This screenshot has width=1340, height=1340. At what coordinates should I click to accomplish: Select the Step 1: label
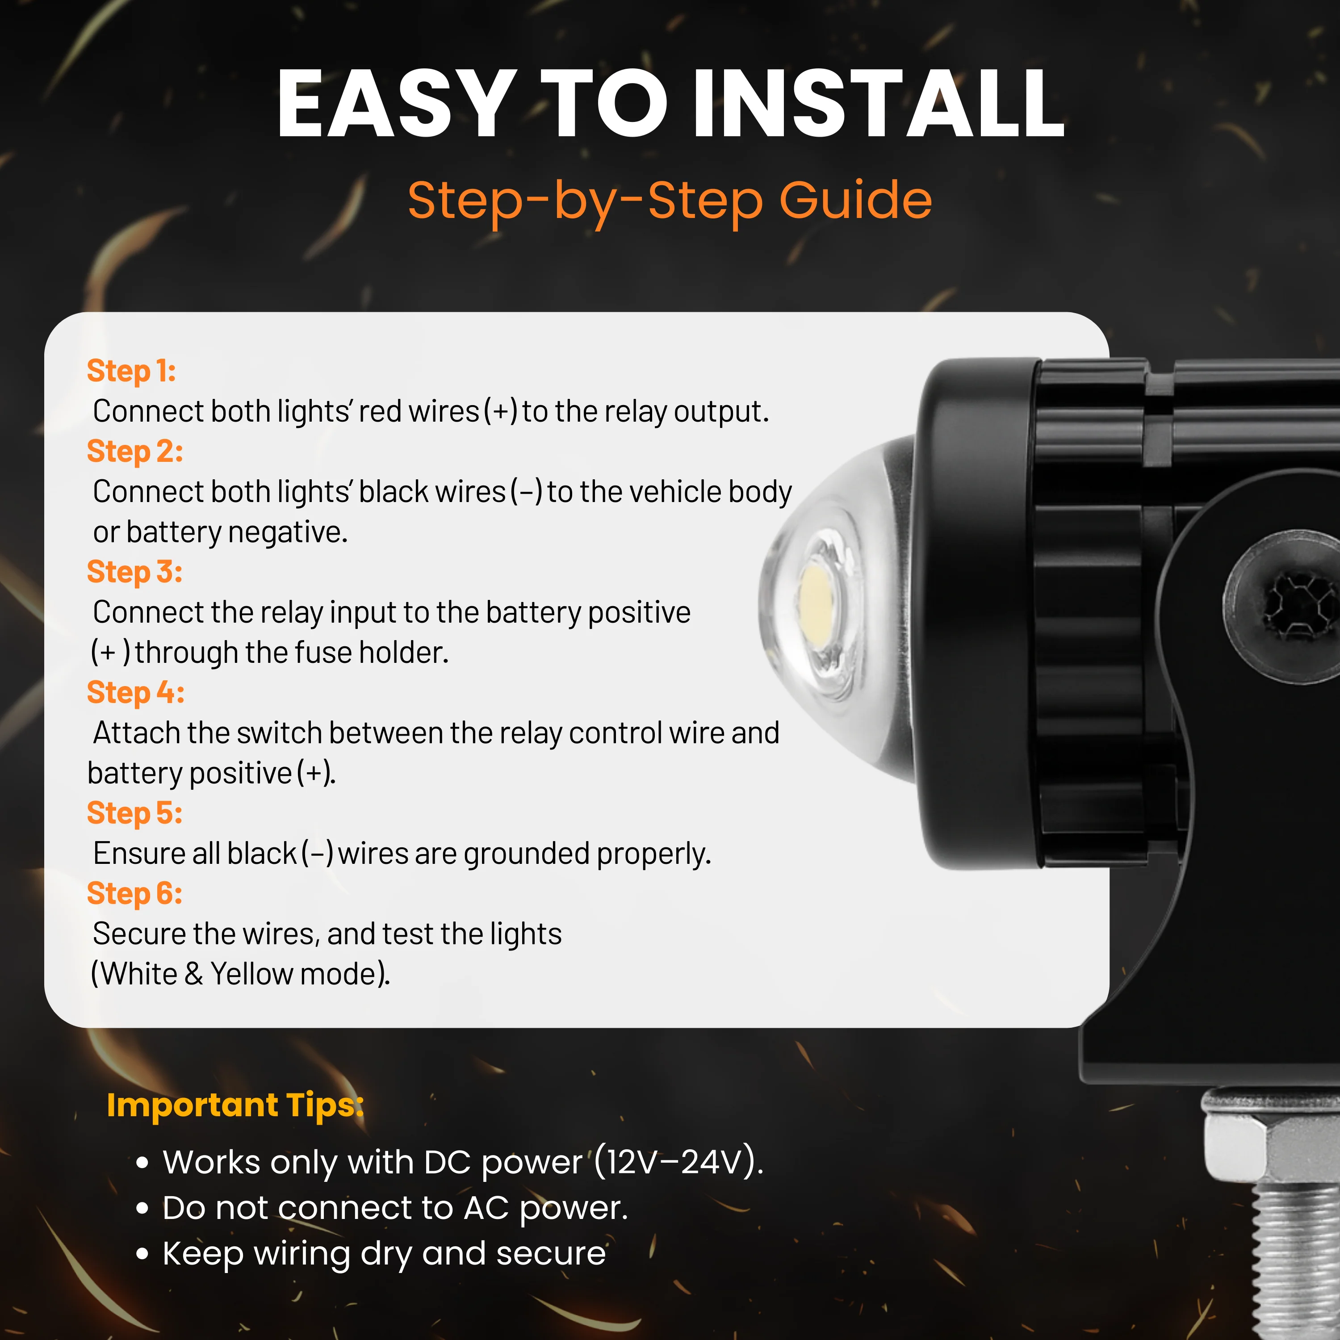coord(131,371)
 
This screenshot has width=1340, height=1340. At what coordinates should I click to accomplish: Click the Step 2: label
coord(134,452)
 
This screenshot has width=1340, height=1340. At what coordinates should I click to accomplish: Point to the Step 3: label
coord(134,572)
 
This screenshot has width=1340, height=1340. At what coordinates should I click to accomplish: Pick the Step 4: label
coord(135,692)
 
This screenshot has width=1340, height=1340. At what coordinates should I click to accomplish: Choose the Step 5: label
coord(134,813)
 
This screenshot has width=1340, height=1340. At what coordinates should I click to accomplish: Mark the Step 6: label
coord(134,893)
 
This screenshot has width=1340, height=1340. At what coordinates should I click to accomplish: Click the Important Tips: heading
coord(235,1105)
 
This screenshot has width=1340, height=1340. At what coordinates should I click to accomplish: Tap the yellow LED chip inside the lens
coord(817,598)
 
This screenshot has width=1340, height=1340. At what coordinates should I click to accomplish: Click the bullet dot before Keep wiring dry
coord(143,1254)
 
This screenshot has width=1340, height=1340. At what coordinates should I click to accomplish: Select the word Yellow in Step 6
coord(252,974)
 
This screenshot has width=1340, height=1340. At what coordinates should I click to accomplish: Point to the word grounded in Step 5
coord(527,854)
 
